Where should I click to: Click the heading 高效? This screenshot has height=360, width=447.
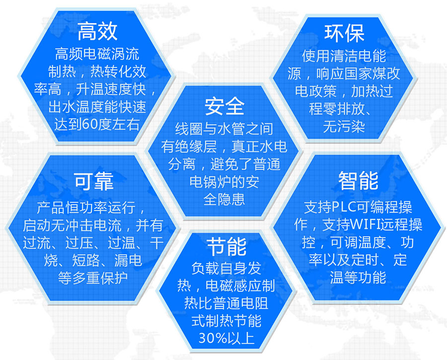tap(97, 31)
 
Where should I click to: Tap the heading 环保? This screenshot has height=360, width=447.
tap(344, 33)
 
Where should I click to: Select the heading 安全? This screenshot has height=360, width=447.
tap(224, 106)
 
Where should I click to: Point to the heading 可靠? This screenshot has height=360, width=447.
tap(93, 181)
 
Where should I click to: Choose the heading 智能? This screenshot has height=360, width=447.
tap(358, 181)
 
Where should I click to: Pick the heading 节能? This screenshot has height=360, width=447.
tap(226, 246)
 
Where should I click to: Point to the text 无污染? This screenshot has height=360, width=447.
tap(344, 127)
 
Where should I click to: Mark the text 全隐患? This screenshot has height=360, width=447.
tap(224, 199)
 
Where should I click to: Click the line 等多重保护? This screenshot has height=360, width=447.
tap(93, 278)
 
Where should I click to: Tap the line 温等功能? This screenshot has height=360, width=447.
tap(358, 278)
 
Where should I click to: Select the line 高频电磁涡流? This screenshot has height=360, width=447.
tap(97, 54)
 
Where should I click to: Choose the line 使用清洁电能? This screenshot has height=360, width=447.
tap(344, 56)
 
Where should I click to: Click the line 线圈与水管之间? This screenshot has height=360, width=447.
tap(224, 129)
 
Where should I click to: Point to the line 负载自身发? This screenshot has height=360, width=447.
tap(226, 268)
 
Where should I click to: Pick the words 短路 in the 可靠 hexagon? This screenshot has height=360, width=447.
tap(86, 260)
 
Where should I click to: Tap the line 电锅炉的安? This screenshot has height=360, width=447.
tap(224, 182)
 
